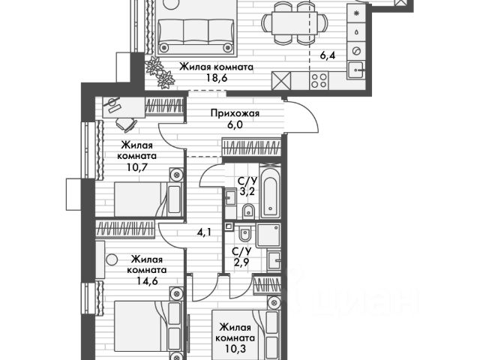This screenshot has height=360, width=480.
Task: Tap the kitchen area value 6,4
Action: tap(328, 55)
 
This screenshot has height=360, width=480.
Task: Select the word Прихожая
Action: tap(233, 114)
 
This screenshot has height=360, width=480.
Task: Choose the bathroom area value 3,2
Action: tap(247, 192)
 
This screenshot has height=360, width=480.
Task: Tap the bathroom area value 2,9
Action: tap(241, 262)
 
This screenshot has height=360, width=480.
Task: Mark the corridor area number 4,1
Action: tap(204, 232)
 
